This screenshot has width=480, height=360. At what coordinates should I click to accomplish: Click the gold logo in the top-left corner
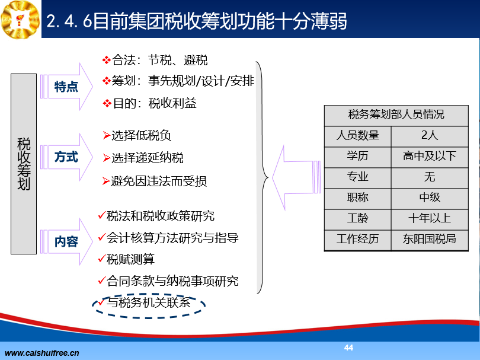(x=20, y=20)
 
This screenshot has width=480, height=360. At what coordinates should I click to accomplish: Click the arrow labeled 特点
(x=66, y=87)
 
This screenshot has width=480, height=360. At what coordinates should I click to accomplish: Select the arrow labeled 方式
(x=66, y=157)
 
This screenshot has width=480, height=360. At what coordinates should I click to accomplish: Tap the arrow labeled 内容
(x=66, y=242)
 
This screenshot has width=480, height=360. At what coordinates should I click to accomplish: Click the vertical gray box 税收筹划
(x=24, y=164)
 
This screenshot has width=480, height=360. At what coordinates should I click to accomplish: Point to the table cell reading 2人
(x=430, y=135)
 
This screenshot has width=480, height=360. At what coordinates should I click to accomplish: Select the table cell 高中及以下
(x=430, y=156)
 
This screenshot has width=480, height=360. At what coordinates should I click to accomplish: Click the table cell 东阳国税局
(x=430, y=239)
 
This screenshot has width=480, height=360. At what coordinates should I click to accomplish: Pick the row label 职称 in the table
(x=357, y=198)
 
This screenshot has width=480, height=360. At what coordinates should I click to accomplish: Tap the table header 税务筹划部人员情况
(x=396, y=114)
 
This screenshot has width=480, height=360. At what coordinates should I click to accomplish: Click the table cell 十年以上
(x=430, y=219)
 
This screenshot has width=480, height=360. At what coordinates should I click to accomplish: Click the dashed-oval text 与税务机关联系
(x=149, y=303)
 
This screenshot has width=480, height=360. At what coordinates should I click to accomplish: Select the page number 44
(x=348, y=348)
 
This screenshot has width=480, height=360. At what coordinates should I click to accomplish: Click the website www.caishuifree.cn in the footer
(x=42, y=353)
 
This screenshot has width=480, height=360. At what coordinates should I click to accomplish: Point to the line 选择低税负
(x=141, y=135)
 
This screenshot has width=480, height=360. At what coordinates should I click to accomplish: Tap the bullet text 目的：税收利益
(x=155, y=104)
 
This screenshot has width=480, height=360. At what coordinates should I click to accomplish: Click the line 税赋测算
(x=130, y=259)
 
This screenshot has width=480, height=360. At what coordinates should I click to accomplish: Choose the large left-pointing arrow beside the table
(x=296, y=178)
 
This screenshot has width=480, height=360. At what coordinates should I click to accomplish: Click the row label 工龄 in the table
(x=357, y=219)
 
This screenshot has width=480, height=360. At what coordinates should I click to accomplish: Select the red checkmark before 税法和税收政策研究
(x=102, y=215)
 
